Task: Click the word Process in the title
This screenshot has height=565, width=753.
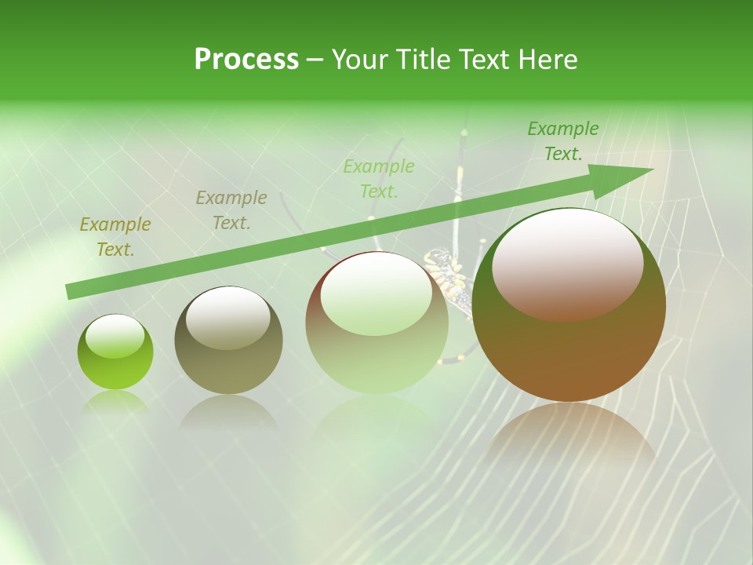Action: pyautogui.click(x=246, y=60)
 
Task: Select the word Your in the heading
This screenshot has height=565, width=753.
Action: pyautogui.click(x=362, y=60)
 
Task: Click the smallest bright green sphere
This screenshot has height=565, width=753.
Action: pyautogui.click(x=115, y=352)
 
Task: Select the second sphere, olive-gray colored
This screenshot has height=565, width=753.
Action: pyautogui.click(x=228, y=341)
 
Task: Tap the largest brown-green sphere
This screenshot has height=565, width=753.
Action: pyautogui.click(x=569, y=304)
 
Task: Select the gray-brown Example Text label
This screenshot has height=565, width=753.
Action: pyautogui.click(x=231, y=210)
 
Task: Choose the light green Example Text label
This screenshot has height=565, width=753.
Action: pyautogui.click(x=379, y=178)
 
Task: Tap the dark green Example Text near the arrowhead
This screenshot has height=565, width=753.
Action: pyautogui.click(x=563, y=141)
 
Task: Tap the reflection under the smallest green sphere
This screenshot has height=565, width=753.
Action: pyautogui.click(x=115, y=402)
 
